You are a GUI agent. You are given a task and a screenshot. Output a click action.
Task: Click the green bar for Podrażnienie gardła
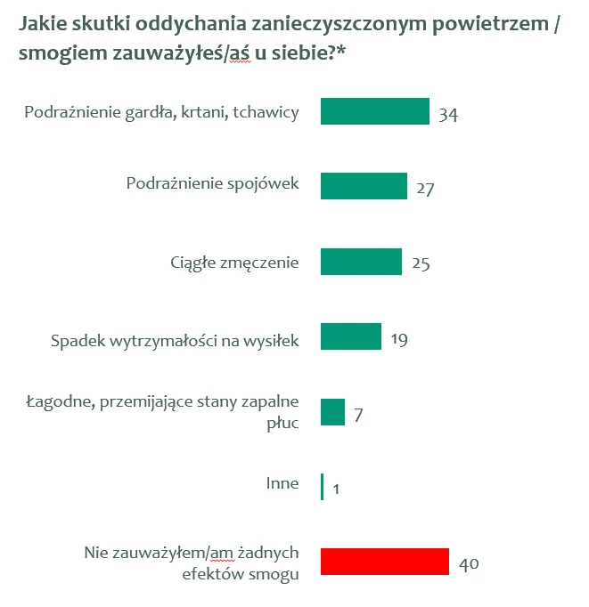click(374, 111)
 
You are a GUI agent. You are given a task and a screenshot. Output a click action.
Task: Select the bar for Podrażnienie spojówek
click(364, 186)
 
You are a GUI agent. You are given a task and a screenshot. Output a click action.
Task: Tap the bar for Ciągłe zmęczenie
click(361, 262)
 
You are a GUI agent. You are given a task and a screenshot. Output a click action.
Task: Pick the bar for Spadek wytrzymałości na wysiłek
click(351, 336)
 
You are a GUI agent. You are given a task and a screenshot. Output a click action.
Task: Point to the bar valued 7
click(332, 412)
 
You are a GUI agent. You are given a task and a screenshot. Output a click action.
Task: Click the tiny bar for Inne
click(322, 487)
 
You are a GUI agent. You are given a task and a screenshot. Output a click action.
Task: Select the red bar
click(384, 562)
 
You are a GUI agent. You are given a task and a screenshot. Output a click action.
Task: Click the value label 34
click(447, 117)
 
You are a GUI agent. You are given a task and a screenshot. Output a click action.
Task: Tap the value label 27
click(424, 190)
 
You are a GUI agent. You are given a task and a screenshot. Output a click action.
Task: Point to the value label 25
click(420, 265)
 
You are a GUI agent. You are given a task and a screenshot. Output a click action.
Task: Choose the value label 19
click(398, 340)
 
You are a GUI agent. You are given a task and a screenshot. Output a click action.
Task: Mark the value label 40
click(470, 565)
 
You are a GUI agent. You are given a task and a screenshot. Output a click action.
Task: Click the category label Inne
click(282, 484)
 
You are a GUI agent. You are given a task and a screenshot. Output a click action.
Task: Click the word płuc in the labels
click(282, 422)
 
